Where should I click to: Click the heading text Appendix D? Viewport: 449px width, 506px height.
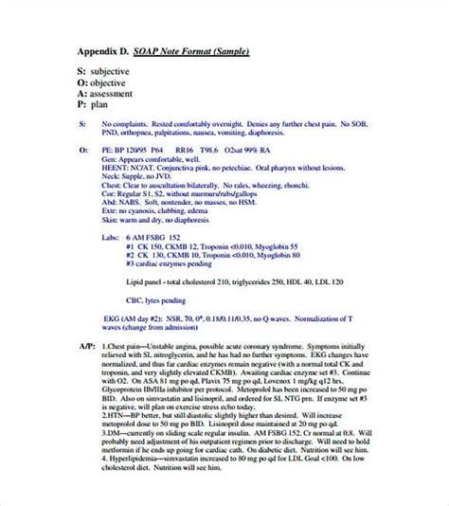[103, 52]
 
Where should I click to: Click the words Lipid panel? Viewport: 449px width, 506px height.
[147, 281]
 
